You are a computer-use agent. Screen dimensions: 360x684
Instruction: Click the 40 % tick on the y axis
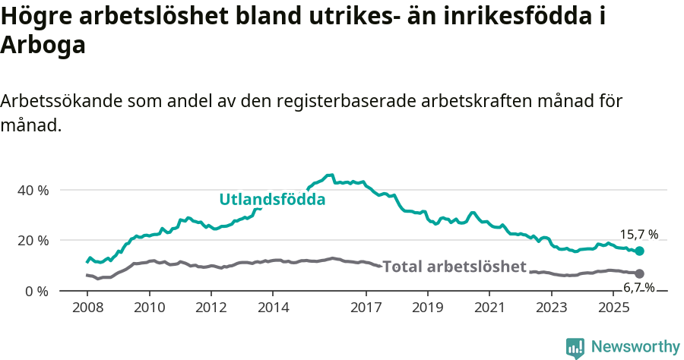(x=33, y=190)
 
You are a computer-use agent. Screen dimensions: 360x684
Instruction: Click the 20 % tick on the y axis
(x=33, y=241)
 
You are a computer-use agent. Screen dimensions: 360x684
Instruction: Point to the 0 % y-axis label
(x=36, y=291)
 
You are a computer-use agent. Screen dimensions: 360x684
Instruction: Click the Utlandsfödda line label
(x=272, y=200)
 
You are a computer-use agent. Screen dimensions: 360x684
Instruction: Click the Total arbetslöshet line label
(x=454, y=267)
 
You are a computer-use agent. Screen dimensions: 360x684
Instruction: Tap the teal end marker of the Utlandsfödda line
(x=639, y=251)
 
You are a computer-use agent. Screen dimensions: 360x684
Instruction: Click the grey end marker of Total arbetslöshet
(x=639, y=273)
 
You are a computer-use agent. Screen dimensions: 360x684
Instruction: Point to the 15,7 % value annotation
(x=639, y=235)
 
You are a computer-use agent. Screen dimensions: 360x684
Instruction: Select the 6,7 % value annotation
(x=638, y=287)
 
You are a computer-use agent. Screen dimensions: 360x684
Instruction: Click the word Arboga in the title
(x=43, y=45)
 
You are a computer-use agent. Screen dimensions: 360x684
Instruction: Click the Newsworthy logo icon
(x=575, y=347)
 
